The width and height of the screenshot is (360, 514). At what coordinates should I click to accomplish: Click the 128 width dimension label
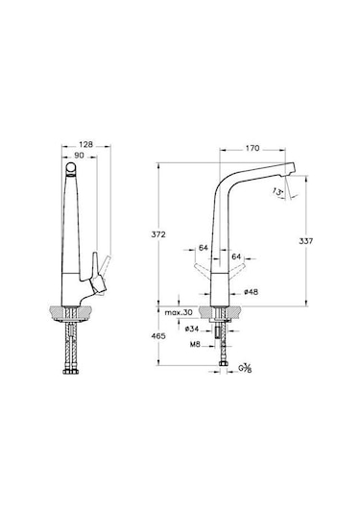tap(85, 144)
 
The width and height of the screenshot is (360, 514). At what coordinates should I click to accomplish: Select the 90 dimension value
tap(79, 155)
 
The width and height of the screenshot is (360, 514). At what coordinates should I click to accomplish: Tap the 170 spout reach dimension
tap(252, 148)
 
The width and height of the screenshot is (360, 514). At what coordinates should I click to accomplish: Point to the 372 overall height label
tap(158, 234)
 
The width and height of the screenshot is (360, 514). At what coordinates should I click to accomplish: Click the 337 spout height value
tap(306, 241)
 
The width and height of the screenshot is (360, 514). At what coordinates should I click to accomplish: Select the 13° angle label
tap(278, 192)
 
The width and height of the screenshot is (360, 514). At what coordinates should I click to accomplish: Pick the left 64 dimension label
tap(204, 248)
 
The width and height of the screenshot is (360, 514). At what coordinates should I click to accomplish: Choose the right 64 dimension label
tap(236, 257)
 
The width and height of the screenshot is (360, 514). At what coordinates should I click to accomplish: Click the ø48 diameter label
tap(251, 291)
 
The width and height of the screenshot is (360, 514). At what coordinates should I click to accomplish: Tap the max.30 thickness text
tap(179, 312)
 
